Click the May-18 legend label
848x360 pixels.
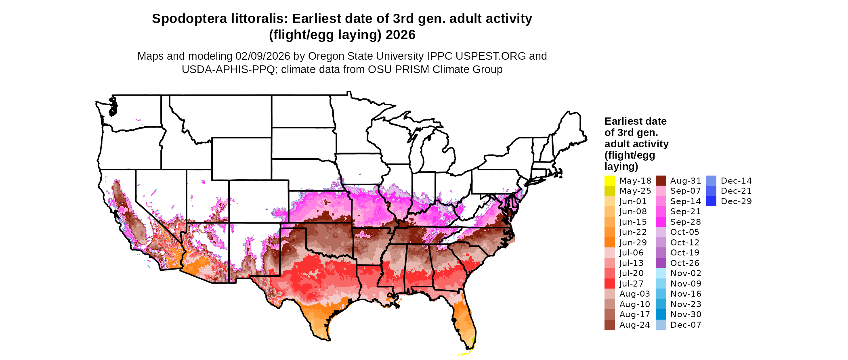click(x=635, y=181)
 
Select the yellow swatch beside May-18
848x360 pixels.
click(x=610, y=181)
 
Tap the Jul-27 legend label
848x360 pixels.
click(x=632, y=284)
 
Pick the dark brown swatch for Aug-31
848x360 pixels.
click(x=661, y=181)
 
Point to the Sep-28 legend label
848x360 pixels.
click(x=686, y=222)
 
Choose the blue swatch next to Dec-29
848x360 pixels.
click(x=712, y=201)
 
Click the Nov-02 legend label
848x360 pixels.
click(x=686, y=273)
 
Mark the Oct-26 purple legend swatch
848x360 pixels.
click(x=661, y=263)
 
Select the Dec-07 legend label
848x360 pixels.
click(x=686, y=325)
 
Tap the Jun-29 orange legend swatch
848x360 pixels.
click(x=610, y=243)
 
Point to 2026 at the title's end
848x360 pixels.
click(x=401, y=35)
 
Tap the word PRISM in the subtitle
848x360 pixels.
click(x=412, y=69)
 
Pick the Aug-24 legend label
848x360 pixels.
click(x=635, y=325)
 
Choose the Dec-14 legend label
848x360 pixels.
click(x=736, y=181)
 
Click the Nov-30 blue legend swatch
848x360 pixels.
click(x=661, y=314)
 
